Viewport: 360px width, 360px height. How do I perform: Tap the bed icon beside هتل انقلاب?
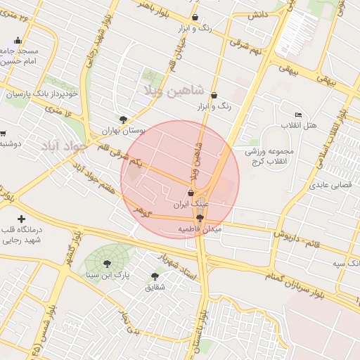coord(299,115)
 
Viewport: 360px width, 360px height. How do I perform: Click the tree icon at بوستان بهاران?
coord(124,120)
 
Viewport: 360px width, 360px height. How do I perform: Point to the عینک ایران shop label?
coord(192,204)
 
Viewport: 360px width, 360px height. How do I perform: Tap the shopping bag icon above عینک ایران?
coord(191,193)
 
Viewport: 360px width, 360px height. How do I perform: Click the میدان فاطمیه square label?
coord(200,229)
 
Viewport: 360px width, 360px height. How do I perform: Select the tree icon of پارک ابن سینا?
coord(107,264)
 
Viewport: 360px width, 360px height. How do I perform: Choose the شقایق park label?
coord(155,287)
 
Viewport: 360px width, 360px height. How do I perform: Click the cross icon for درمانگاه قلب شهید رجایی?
coord(21,220)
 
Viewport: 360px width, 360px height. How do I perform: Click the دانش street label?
coord(258,15)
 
